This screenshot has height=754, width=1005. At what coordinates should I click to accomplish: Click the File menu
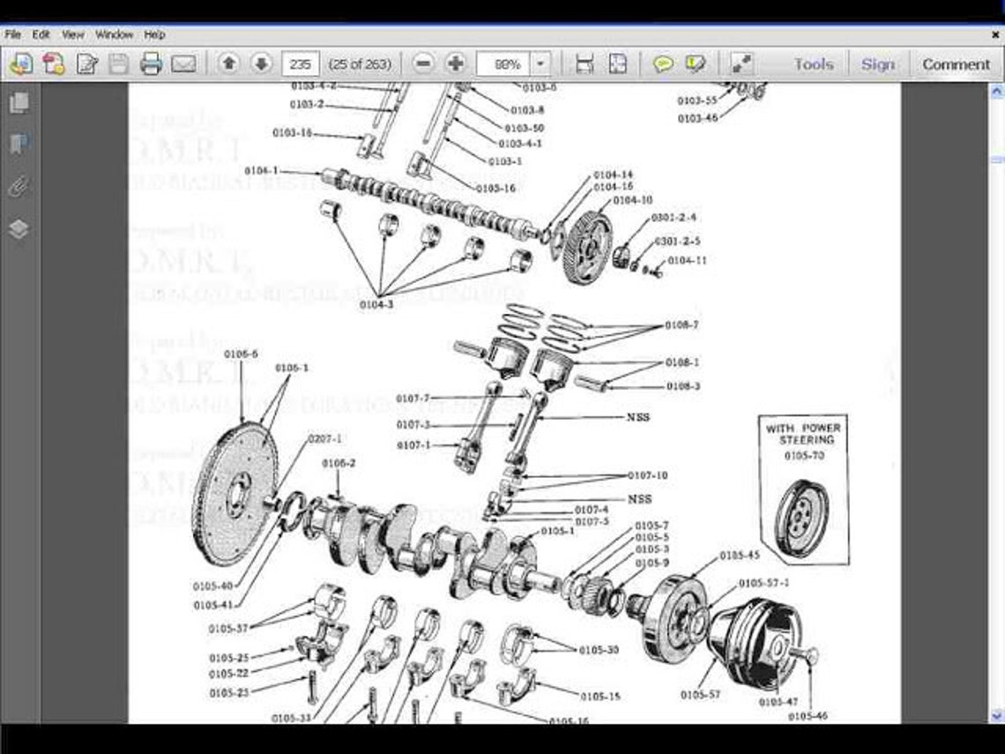tap(13, 34)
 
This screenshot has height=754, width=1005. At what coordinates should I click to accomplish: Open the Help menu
tap(154, 34)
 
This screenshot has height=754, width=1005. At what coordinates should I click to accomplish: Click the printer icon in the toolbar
tap(151, 63)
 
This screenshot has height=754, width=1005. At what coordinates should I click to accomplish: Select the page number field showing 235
tap(300, 63)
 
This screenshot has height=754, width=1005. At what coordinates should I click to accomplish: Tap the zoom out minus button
tap(424, 63)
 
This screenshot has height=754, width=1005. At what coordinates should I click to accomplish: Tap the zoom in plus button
tap(456, 63)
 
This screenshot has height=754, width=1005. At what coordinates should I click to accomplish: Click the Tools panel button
tap(813, 63)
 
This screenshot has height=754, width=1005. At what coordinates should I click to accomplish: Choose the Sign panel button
tap(877, 63)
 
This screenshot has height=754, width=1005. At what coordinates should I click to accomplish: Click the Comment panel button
tap(956, 63)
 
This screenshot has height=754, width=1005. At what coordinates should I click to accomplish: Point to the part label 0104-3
tap(376, 304)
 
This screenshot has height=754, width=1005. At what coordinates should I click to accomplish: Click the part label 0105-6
tap(241, 354)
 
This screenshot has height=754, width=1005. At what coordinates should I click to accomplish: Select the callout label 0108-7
tap(682, 325)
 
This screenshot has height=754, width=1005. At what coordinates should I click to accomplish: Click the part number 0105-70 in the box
tap(803, 455)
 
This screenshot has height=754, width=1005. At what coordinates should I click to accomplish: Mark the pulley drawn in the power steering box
tap(801, 517)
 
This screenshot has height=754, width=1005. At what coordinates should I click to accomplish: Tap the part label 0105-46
tap(807, 717)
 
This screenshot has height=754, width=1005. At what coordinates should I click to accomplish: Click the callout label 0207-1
tap(324, 438)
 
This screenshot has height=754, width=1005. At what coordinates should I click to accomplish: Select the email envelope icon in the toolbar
tap(183, 63)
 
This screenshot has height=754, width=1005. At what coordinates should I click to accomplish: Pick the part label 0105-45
tap(739, 556)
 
